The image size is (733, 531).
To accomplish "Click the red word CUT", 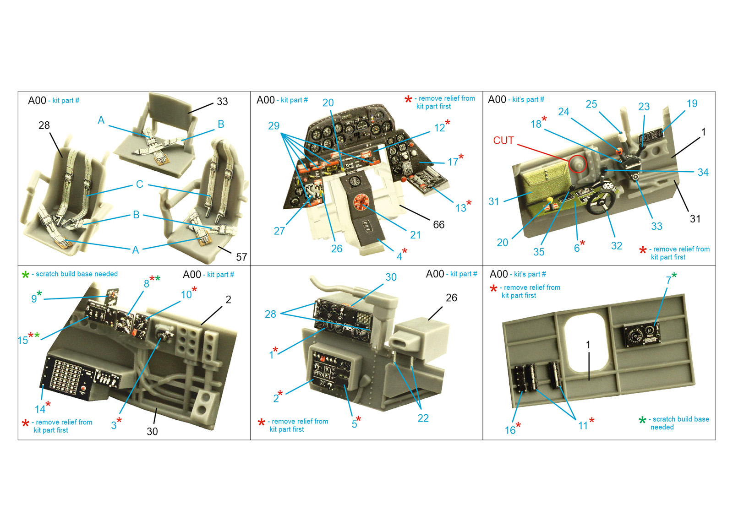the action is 503,141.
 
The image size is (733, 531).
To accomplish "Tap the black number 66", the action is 438,225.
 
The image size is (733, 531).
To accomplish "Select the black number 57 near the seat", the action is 241,257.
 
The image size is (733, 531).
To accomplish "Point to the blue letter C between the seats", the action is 140,184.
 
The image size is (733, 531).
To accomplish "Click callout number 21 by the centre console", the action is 415,235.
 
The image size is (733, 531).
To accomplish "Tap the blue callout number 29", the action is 274,126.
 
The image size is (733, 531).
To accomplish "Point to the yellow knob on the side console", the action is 550,200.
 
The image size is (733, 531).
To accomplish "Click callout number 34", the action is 703,172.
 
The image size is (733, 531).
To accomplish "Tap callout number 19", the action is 692,103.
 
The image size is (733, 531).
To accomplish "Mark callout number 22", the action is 423,418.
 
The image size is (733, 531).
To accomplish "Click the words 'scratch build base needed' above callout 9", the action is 77,274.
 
